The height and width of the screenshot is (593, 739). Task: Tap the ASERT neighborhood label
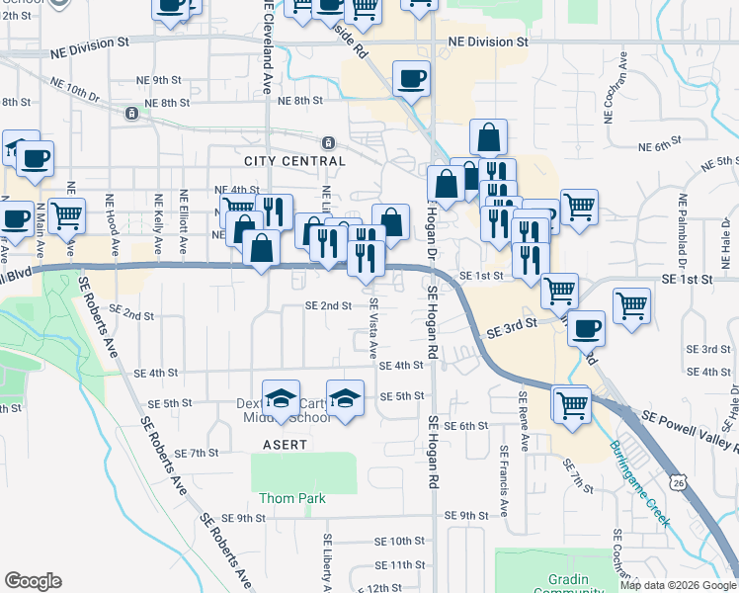click(286, 446)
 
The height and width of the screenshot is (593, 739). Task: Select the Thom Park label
click(292, 498)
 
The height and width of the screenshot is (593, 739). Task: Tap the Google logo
click(33, 581)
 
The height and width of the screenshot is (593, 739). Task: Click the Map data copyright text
click(678, 585)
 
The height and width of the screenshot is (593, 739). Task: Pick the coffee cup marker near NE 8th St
click(411, 78)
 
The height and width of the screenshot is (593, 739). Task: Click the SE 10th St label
click(400, 541)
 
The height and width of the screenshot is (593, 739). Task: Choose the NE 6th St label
click(649, 147)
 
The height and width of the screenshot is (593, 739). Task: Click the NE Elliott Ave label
click(184, 219)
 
